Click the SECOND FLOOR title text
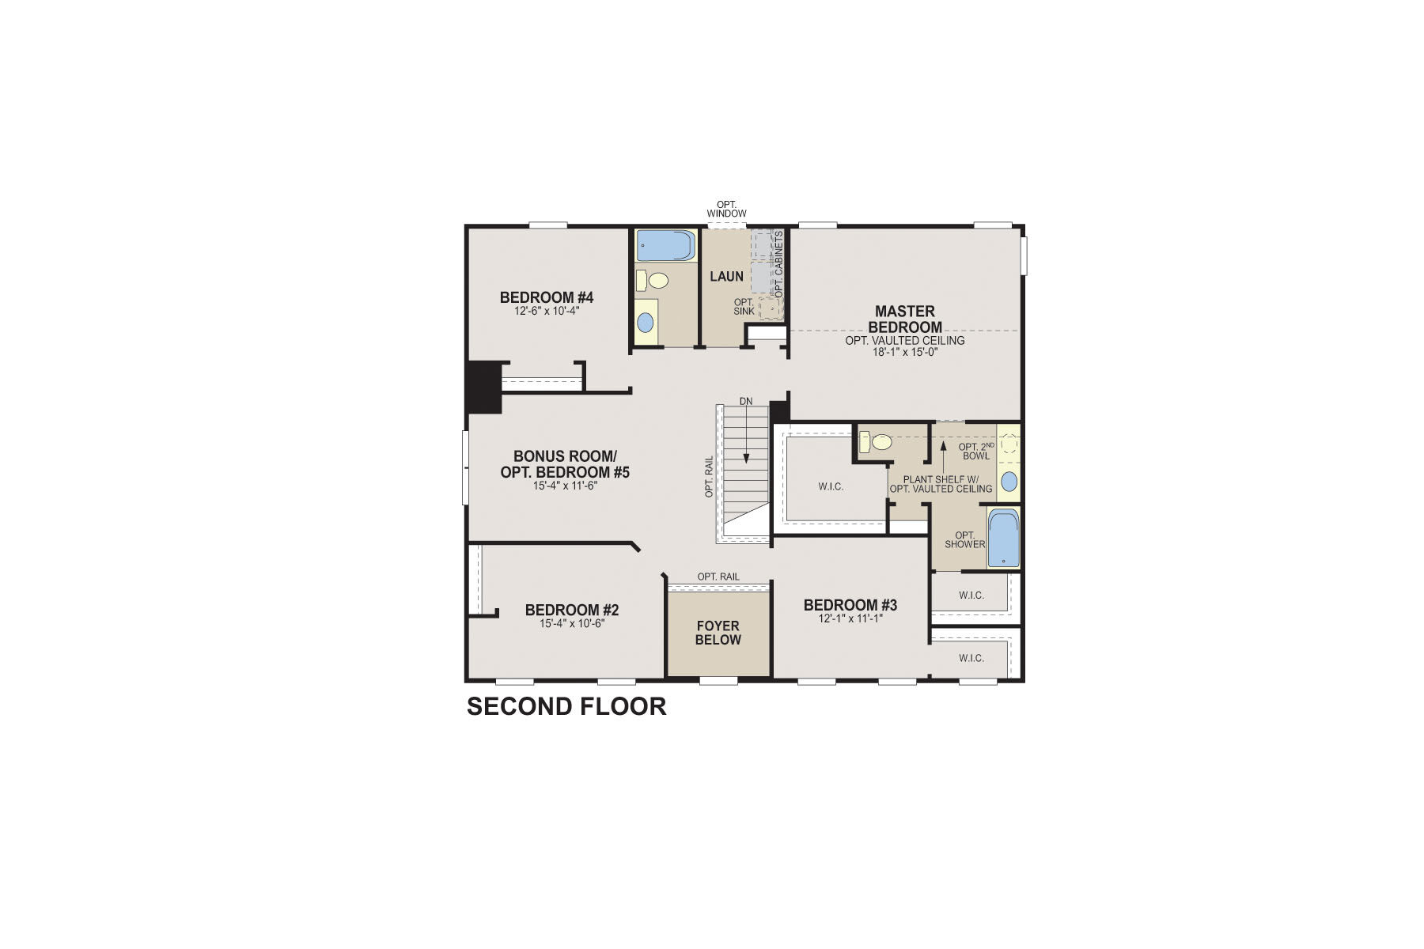(x=566, y=706)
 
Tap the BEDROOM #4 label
(x=546, y=297)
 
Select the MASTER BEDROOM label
(x=904, y=319)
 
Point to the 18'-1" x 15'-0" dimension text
(x=904, y=352)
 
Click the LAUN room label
(x=726, y=276)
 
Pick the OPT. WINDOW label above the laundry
(x=726, y=209)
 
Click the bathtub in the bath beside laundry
(x=665, y=245)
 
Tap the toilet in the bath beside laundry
(x=653, y=280)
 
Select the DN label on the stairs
(x=745, y=401)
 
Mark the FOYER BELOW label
(x=718, y=633)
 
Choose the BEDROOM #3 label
(x=850, y=605)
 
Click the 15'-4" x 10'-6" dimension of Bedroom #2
(x=571, y=623)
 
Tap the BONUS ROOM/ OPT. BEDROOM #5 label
(x=564, y=464)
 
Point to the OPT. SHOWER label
(x=964, y=539)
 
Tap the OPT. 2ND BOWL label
(x=976, y=451)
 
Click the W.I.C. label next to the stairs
(x=831, y=486)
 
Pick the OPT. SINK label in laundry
(x=744, y=306)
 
